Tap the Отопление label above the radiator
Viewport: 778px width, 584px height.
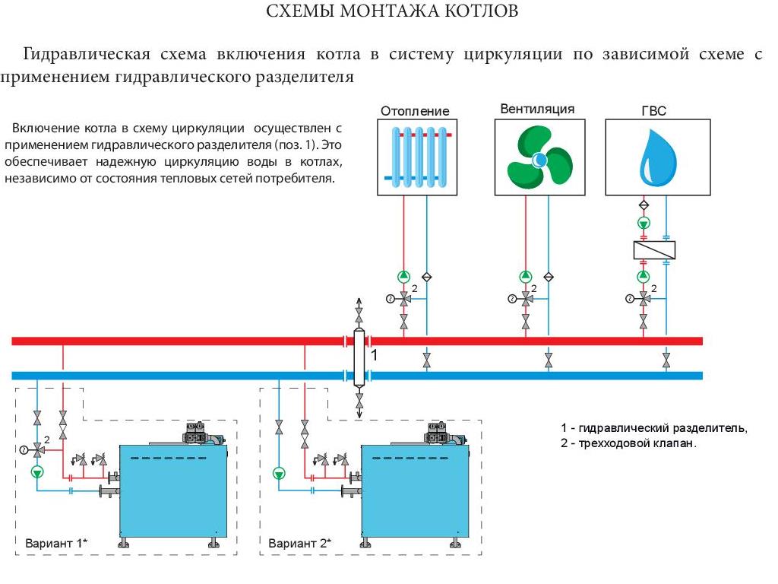click(415, 111)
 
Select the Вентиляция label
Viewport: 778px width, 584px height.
click(537, 109)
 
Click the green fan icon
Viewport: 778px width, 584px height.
click(537, 157)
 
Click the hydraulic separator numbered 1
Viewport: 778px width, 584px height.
click(359, 357)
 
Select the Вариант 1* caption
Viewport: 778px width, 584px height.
click(56, 543)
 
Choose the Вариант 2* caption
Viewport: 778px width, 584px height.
click(299, 543)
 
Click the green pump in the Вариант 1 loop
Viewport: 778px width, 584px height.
click(37, 472)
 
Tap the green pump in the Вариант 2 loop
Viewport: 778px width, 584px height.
click(280, 474)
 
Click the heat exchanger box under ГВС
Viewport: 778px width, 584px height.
click(654, 249)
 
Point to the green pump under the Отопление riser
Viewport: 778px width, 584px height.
click(403, 276)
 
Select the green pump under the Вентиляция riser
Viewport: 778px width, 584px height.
click(525, 276)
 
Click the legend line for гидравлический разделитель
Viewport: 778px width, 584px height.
click(653, 429)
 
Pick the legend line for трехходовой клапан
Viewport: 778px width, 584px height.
click(628, 443)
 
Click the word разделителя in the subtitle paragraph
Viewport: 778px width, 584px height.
click(306, 78)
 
